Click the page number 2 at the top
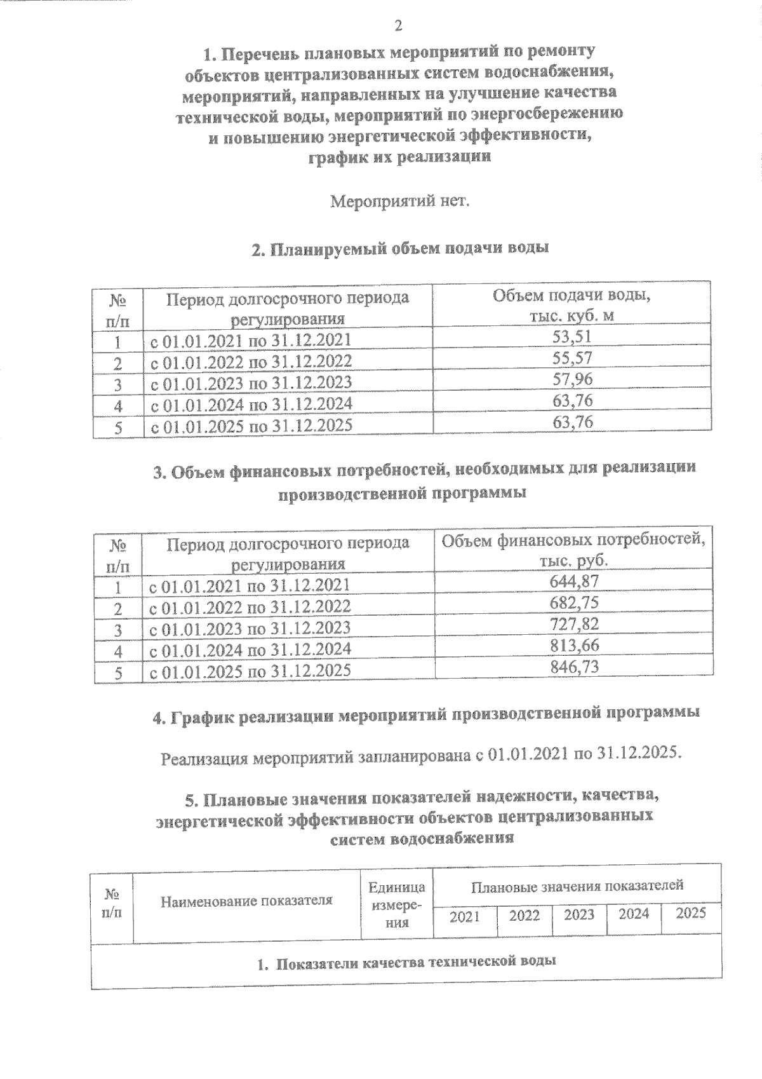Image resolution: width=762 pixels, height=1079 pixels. click(398, 26)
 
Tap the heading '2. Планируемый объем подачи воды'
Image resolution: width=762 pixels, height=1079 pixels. click(400, 249)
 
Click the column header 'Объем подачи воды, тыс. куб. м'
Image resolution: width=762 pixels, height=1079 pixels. click(571, 305)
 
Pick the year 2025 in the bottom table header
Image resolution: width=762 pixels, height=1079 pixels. click(691, 913)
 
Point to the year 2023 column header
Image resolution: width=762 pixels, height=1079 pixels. click(579, 914)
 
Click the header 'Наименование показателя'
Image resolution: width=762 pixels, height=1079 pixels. click(246, 900)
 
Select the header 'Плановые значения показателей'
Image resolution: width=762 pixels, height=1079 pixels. click(577, 885)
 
